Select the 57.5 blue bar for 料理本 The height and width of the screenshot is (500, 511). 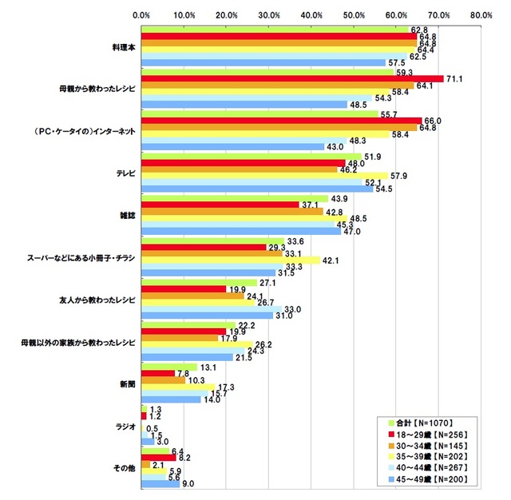(x=263, y=62)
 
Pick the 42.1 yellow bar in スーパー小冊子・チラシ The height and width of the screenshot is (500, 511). (x=230, y=259)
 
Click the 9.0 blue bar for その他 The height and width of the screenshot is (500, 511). (x=160, y=482)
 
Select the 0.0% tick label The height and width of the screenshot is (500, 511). (x=141, y=14)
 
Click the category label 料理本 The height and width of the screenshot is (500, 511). (x=122, y=47)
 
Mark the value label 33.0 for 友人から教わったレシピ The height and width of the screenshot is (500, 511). (x=293, y=308)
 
